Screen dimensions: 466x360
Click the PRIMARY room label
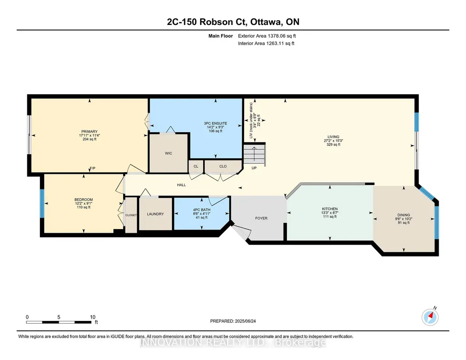pos(90,131)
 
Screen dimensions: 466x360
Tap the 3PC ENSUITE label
pos(215,123)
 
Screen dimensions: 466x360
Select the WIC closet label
pos(169,153)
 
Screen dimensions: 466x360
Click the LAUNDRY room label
pos(155,214)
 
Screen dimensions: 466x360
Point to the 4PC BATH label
pos(202,210)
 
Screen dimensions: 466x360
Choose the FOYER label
pos(261,218)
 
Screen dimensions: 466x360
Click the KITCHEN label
pos(330,209)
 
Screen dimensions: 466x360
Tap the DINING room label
pos(404,215)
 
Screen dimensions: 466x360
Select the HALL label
pos(181,185)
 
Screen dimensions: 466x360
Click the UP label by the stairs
pos(254,168)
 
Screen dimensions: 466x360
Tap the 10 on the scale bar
pos(93,317)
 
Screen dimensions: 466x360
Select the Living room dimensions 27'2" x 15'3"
pos(333,141)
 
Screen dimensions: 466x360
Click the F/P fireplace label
pos(92,169)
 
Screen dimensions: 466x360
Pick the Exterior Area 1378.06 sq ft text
pos(267,36)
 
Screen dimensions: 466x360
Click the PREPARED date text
pos(233,321)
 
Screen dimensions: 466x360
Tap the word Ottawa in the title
pos(266,22)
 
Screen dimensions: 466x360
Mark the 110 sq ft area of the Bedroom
pos(84,207)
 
